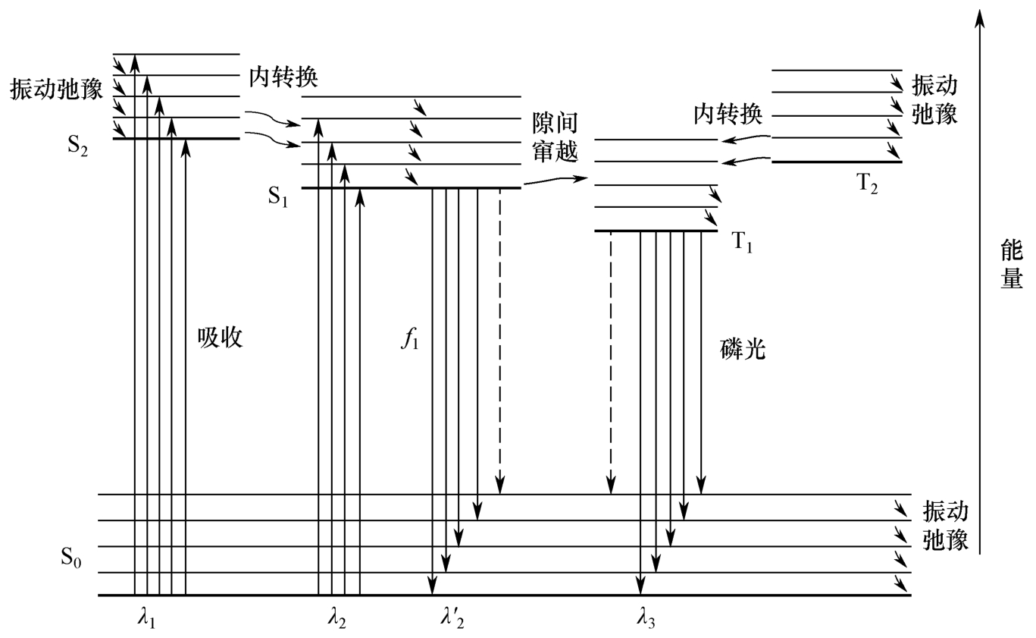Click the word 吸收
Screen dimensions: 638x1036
coord(220,338)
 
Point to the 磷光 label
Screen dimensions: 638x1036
coord(743,348)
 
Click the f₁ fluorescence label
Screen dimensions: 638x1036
coord(409,338)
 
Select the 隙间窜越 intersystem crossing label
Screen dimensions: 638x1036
coord(555,137)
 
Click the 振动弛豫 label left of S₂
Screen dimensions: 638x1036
coord(55,88)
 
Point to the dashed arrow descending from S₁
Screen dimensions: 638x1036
coord(499,338)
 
